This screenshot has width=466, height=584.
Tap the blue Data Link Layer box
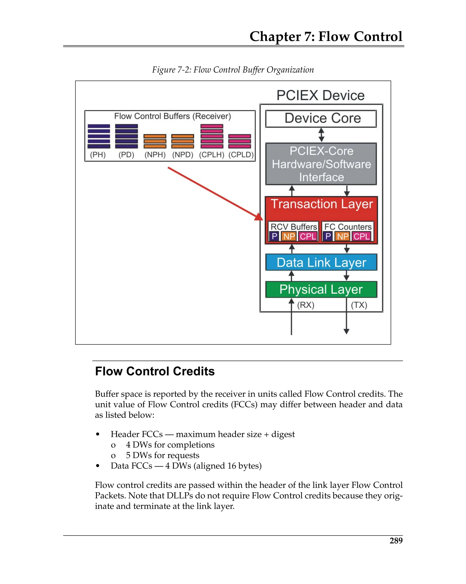click(x=321, y=262)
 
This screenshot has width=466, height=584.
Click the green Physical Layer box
click(x=321, y=289)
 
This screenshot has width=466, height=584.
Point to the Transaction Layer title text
click(x=322, y=204)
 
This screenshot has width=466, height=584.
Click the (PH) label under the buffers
click(x=98, y=155)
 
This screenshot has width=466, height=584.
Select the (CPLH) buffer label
click(x=212, y=155)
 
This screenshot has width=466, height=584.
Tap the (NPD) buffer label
click(x=183, y=155)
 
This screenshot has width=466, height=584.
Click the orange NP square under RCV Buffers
click(x=289, y=236)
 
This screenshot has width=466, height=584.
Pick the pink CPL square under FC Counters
click(x=362, y=236)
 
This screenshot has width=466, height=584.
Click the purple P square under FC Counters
click(x=328, y=236)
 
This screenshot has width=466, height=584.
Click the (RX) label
click(x=306, y=305)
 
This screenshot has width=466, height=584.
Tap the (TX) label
click(x=359, y=305)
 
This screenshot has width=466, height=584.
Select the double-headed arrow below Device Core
click(x=321, y=135)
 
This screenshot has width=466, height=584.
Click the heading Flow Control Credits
click(x=155, y=371)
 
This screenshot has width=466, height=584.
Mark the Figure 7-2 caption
click(x=233, y=70)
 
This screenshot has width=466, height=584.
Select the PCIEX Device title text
click(x=320, y=95)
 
